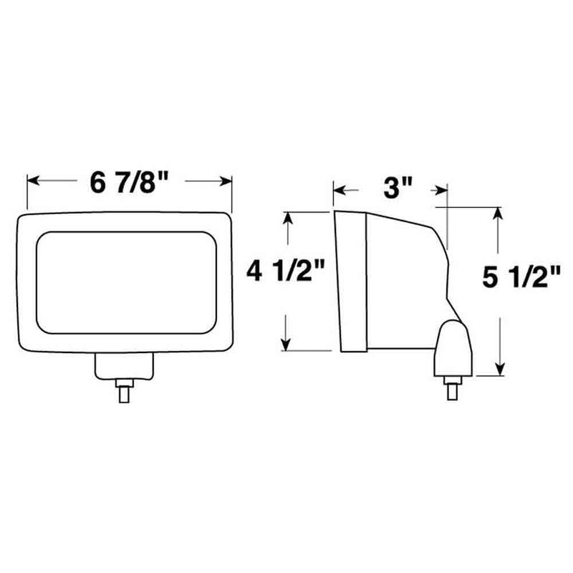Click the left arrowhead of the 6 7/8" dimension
point(32,181)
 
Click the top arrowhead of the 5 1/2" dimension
point(499,212)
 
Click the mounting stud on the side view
point(453,390)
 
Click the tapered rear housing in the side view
point(405,279)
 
